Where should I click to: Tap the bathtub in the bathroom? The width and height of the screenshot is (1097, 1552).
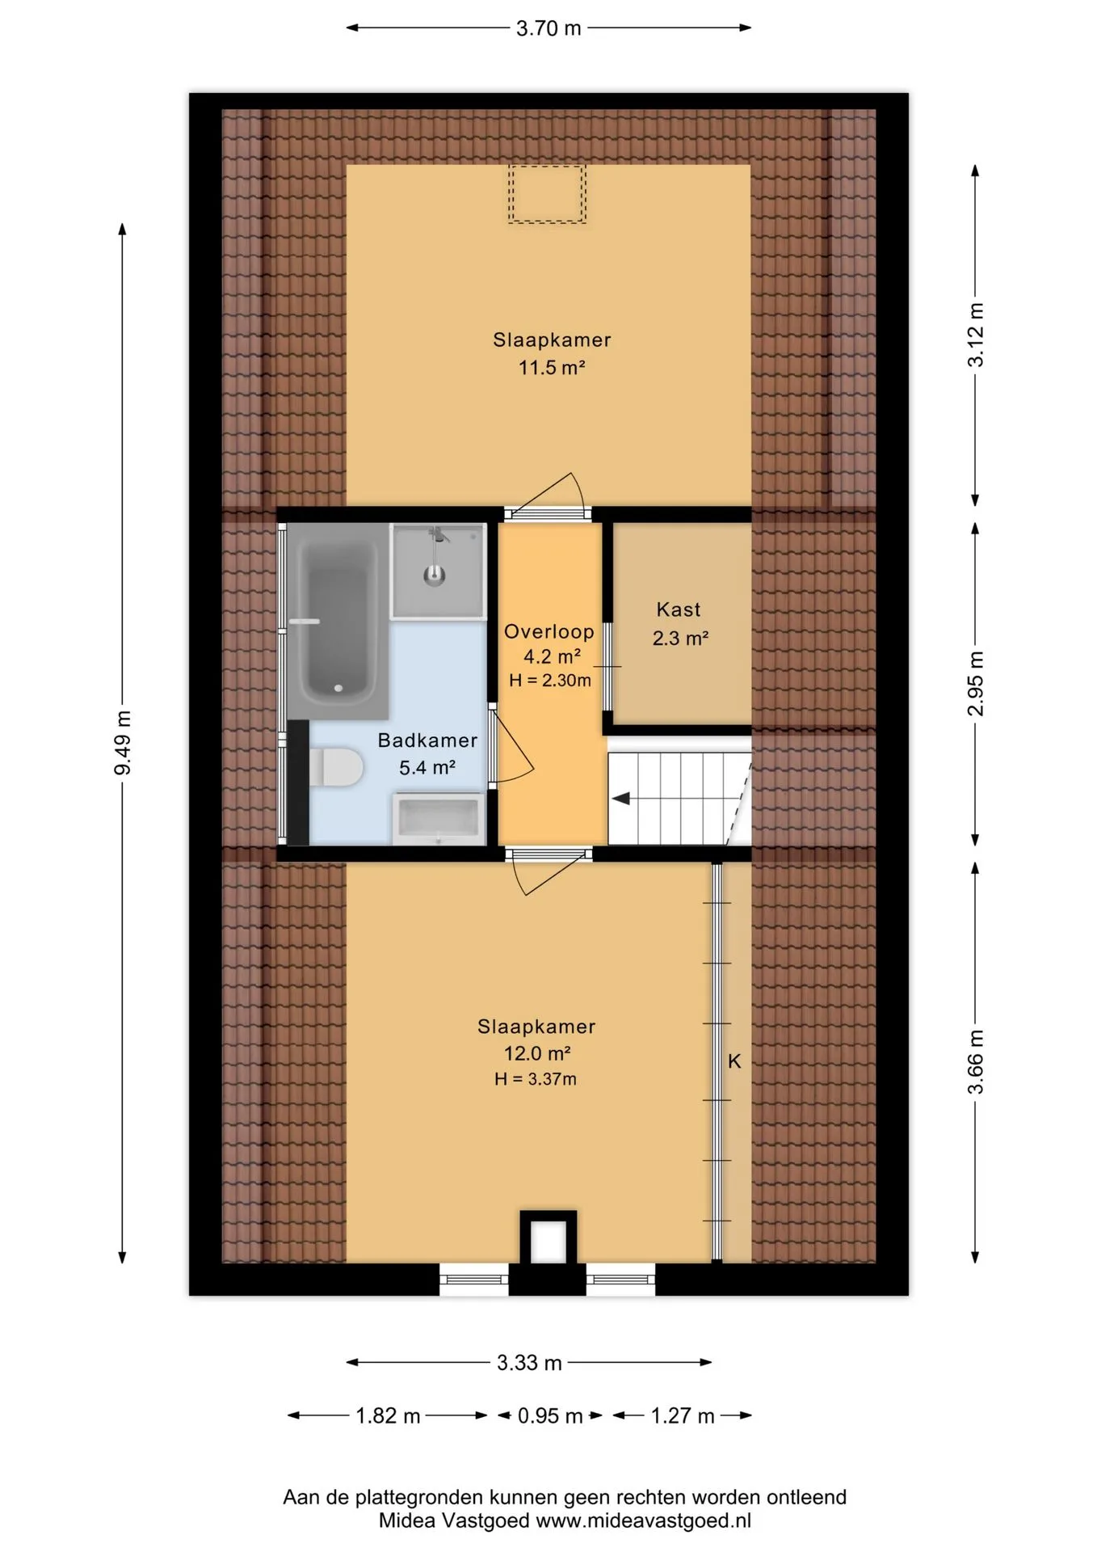[x=338, y=620]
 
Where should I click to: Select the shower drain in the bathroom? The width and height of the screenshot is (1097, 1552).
[x=435, y=576]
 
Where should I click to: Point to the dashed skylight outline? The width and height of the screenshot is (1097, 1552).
[x=547, y=194]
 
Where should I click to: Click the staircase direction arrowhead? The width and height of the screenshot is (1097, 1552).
[x=620, y=799]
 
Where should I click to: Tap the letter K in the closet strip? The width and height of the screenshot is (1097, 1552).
[x=734, y=1061]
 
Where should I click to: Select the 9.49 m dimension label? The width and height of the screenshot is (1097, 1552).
[x=123, y=742]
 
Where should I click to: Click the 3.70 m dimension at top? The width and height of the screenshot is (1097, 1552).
[x=548, y=28]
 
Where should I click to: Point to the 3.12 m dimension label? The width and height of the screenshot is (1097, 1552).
[x=976, y=335]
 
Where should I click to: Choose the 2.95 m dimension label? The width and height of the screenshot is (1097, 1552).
[x=976, y=683]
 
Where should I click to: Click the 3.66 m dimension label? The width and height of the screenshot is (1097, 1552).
[x=976, y=1061]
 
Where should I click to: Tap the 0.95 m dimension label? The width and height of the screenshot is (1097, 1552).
[x=550, y=1416]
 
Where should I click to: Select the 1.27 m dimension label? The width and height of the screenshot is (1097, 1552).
[x=683, y=1416]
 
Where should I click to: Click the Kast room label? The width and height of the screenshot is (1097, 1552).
[x=679, y=609]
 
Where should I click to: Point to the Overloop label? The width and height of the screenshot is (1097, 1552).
[x=549, y=631]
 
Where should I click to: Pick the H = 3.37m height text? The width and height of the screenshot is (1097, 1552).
[x=536, y=1079]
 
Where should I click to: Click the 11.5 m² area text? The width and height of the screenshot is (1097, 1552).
[x=552, y=368]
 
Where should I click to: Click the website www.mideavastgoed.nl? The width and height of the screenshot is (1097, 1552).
[x=644, y=1520]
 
